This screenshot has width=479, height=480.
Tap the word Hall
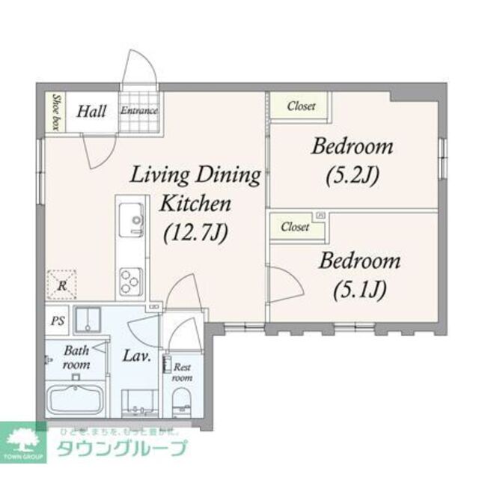[x=92, y=112]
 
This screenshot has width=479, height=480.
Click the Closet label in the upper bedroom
[x=301, y=106]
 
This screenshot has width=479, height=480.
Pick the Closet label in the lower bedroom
[x=295, y=227]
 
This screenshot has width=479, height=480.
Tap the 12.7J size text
[x=195, y=233]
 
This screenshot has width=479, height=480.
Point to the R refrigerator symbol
[x=61, y=283]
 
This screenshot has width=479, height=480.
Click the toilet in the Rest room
[x=182, y=405]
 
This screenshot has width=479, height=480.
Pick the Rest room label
[x=182, y=372]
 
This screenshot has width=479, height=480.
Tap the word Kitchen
[x=195, y=204]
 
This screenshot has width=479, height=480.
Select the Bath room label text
[x=76, y=357]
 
